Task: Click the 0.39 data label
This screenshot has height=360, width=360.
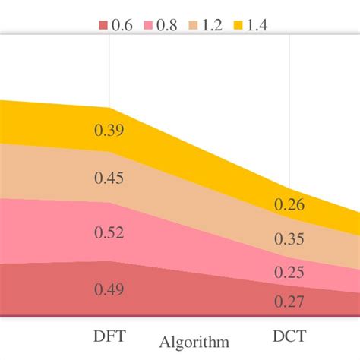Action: (109, 131)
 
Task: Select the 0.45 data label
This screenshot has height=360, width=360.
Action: (109, 178)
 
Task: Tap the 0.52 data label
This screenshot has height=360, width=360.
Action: (109, 232)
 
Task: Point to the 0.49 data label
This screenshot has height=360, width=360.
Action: (109, 289)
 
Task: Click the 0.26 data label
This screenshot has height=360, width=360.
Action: (289, 204)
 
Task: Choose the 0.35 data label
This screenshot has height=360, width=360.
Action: (289, 240)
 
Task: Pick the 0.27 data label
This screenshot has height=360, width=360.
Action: (289, 302)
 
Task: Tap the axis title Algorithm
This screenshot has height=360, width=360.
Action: (193, 341)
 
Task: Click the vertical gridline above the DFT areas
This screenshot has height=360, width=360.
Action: (110, 72)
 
